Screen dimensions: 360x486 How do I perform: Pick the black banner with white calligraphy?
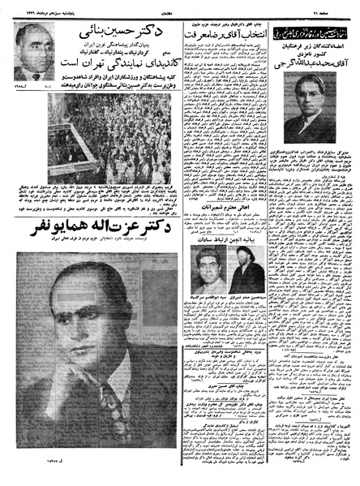[313, 30]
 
